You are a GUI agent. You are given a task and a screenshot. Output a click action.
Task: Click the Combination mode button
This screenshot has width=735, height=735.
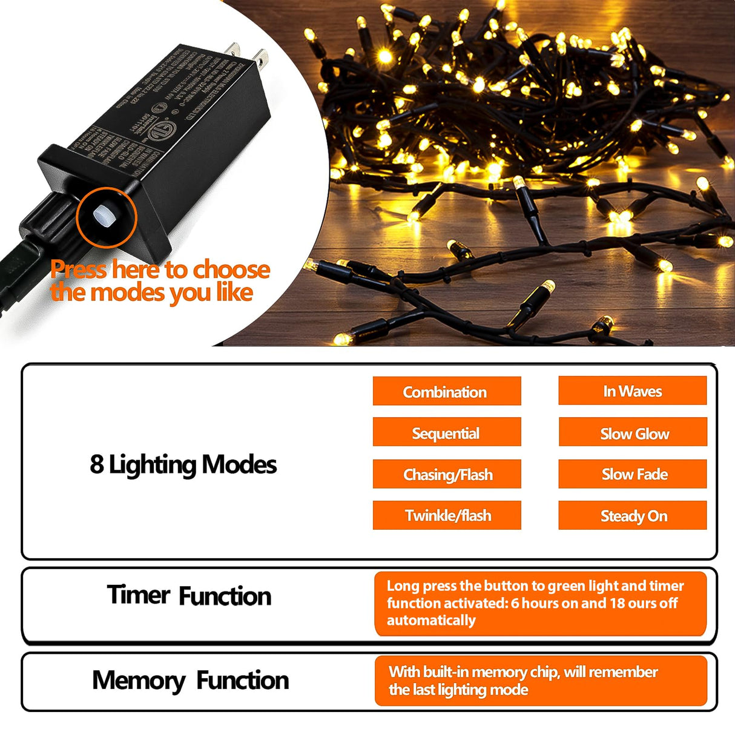pyautogui.click(x=446, y=392)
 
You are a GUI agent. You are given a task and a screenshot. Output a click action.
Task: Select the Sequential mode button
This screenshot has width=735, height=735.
pyautogui.click(x=446, y=433)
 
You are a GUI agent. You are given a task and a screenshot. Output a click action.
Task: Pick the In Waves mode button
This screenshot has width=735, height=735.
pyautogui.click(x=632, y=391)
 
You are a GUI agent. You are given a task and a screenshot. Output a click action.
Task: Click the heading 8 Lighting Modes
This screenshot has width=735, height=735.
pyautogui.click(x=183, y=464)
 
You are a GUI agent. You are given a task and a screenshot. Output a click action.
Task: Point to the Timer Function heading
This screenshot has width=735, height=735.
pyautogui.click(x=189, y=596)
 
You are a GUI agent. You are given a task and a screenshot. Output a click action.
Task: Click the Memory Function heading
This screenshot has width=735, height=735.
pyautogui.click(x=190, y=680)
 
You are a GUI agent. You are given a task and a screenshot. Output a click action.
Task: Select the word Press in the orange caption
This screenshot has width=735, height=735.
pyautogui.click(x=79, y=269)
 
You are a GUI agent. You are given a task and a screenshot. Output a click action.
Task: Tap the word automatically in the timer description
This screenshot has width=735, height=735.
pyautogui.click(x=430, y=620)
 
